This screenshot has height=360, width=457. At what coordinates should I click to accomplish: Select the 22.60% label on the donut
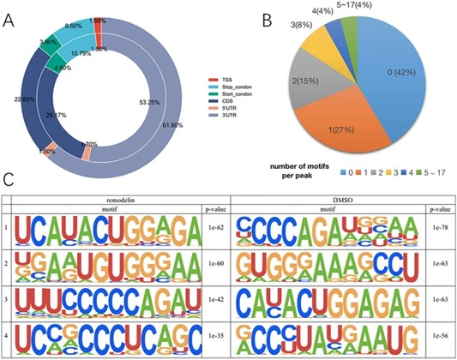point(25,97)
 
